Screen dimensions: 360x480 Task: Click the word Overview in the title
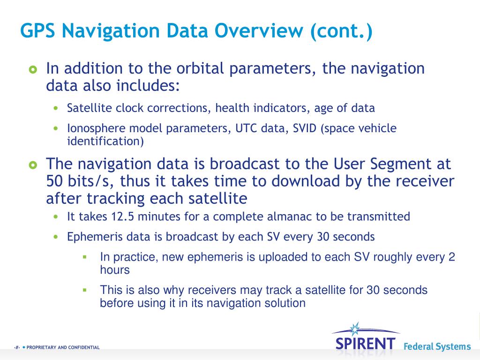[259, 31]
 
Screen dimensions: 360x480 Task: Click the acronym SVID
[305, 128]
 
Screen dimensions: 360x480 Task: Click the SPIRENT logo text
[366, 343]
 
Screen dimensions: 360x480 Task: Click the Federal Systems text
[437, 347]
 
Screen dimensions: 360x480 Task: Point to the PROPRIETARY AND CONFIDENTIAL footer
[63, 347]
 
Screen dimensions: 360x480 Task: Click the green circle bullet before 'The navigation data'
[32, 165]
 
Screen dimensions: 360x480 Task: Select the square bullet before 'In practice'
[85, 257]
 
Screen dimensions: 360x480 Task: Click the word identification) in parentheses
[105, 141]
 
